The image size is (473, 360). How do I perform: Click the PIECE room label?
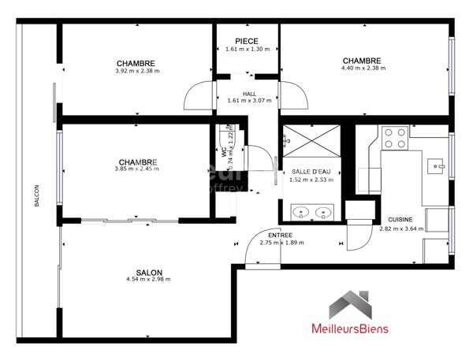click(247, 41)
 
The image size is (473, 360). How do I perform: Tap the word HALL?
click(249, 94)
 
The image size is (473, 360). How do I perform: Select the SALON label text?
click(148, 272)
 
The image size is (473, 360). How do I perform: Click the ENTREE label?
click(281, 235)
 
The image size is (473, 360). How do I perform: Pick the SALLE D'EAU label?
click(310, 172)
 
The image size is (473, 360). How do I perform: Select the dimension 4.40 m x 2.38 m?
click(361, 69)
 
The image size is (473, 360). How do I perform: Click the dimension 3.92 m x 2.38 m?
click(136, 71)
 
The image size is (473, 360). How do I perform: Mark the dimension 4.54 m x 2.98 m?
click(148, 279)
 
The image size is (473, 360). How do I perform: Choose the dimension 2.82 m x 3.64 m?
click(401, 228)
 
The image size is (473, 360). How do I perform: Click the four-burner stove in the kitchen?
click(394, 139)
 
